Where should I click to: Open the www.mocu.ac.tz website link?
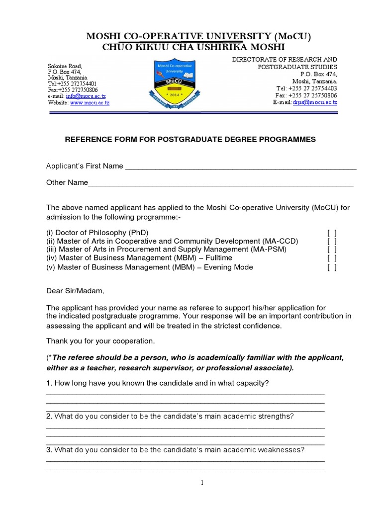click(x=90, y=103)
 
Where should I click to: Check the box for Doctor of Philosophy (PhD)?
click(x=332, y=233)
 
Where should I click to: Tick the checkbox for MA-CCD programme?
click(x=332, y=241)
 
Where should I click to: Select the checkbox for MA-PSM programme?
click(x=332, y=250)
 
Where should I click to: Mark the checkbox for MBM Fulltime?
click(x=332, y=258)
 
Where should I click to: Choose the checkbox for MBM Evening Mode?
click(x=332, y=267)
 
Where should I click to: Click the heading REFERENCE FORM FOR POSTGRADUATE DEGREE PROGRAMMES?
click(x=191, y=140)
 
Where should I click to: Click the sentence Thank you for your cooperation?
click(x=100, y=341)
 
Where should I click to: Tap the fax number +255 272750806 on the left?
click(x=79, y=90)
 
